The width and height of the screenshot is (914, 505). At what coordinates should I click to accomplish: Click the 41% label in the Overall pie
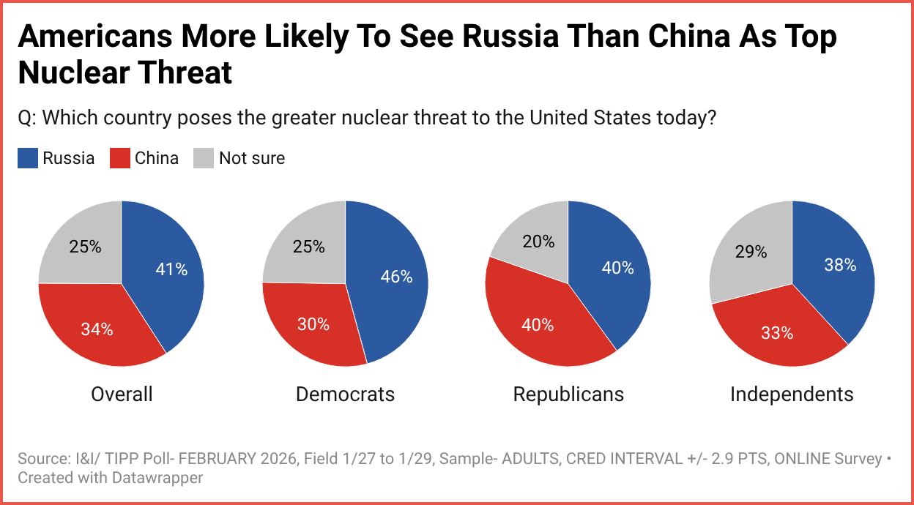tap(172, 269)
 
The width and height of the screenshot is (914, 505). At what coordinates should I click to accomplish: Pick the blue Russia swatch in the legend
tap(27, 158)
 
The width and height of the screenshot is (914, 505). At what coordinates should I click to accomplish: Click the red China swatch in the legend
tap(119, 158)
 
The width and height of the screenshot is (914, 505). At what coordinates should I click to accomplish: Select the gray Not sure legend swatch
tap(204, 158)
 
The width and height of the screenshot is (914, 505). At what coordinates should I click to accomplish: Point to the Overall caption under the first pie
tap(122, 394)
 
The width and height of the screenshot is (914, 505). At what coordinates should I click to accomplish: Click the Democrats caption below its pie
tap(345, 394)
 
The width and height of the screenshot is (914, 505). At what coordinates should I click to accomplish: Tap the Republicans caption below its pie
tap(568, 394)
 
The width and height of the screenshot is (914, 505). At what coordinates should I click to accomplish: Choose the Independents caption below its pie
tap(792, 394)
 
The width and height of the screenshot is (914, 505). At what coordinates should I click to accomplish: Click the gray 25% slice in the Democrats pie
tap(308, 245)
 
